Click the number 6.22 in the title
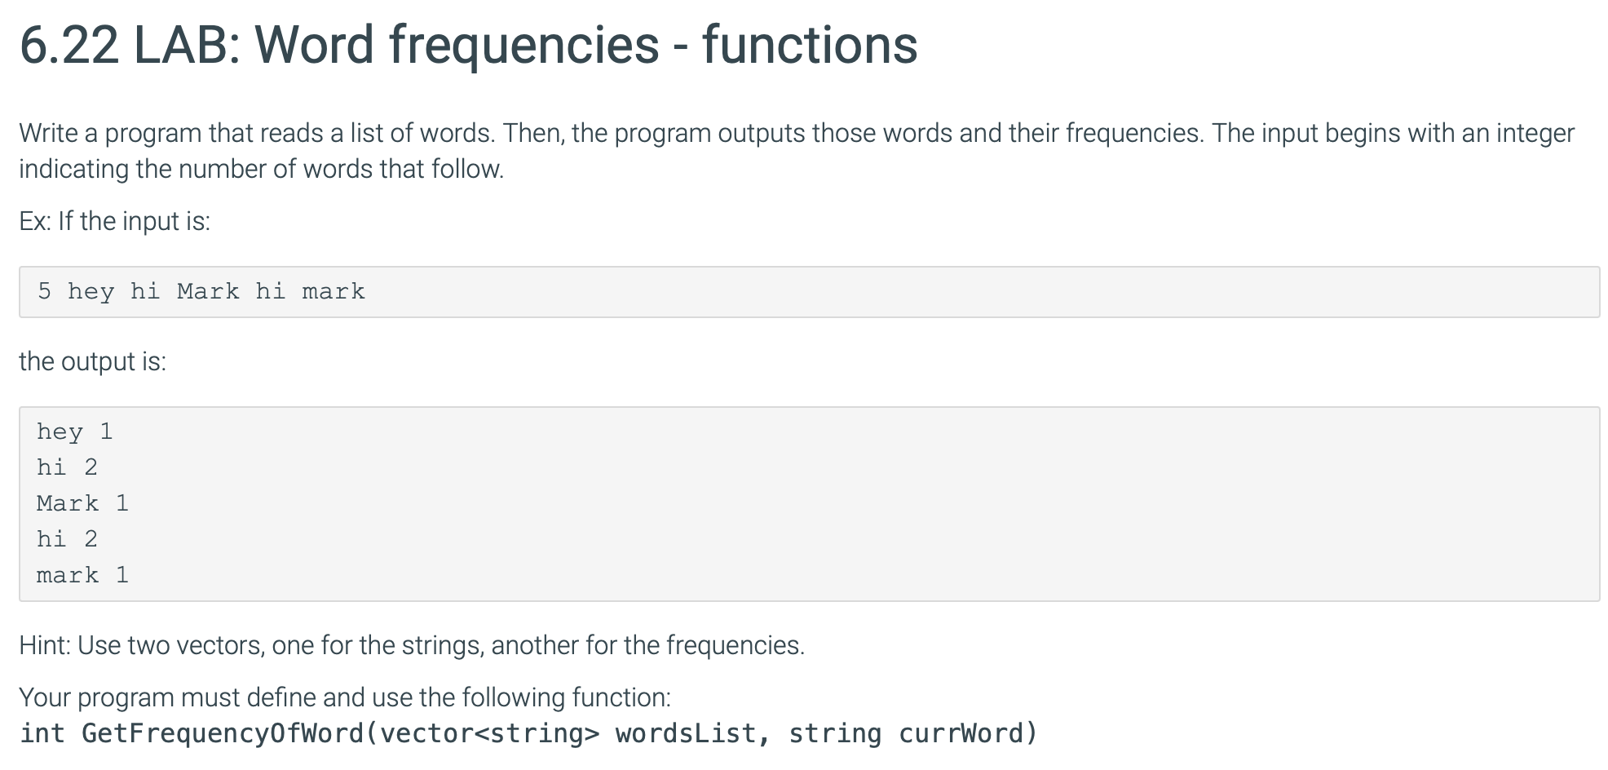[x=68, y=45]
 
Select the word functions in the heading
[x=810, y=45]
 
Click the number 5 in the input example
[x=45, y=291]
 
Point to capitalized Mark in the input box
[x=208, y=291]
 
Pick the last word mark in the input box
[x=334, y=291]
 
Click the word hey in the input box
[x=91, y=292]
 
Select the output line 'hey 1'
[x=74, y=432]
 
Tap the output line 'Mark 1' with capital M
[x=82, y=503]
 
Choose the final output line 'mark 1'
[x=82, y=575]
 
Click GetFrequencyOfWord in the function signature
[x=223, y=733]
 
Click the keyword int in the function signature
[x=42, y=733]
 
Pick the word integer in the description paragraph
[x=1535, y=134]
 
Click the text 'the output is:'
[x=92, y=361]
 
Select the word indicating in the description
[x=73, y=169]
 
